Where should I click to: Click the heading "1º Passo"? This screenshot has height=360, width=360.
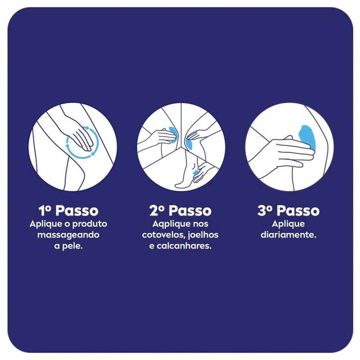click(69, 211)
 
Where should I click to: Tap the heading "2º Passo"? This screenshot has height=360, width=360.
click(180, 211)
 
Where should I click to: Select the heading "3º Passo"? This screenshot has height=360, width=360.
click(288, 211)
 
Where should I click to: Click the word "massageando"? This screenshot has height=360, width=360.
click(69, 235)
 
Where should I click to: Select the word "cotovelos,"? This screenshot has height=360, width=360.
click(164, 235)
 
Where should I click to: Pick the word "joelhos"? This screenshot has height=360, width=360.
click(203, 235)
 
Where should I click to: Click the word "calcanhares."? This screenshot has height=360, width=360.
click(184, 246)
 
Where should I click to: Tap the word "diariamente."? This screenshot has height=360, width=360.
click(288, 235)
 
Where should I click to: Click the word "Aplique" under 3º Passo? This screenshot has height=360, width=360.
click(288, 224)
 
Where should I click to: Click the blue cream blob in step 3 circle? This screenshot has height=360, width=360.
click(308, 137)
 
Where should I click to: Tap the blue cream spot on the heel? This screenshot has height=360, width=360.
click(195, 172)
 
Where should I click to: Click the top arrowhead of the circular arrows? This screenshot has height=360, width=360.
click(86, 127)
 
